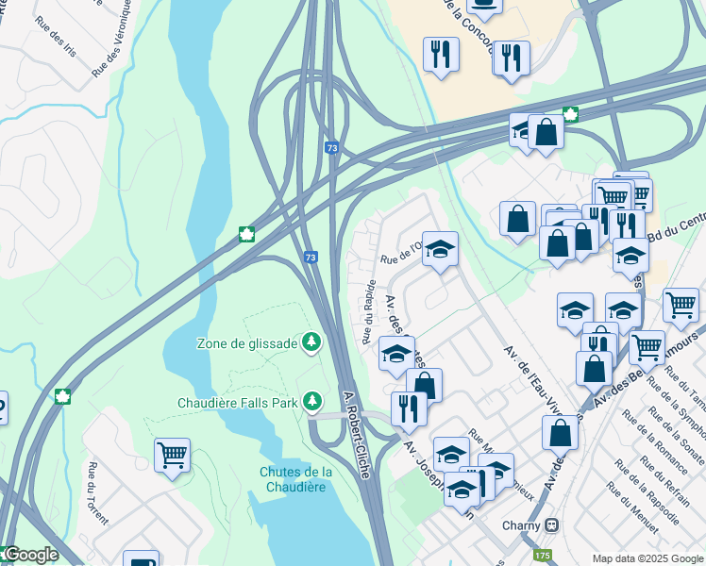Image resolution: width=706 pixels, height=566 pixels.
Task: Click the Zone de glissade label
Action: tap(246, 343)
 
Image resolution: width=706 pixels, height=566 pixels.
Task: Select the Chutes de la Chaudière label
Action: tap(295, 479)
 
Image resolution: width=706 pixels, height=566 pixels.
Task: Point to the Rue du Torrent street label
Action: tap(98, 492)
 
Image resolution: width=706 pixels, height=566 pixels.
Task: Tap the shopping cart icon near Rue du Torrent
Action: tap(172, 455)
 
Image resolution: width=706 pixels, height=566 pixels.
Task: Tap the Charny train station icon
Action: tap(552, 524)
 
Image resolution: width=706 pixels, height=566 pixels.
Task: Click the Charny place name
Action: tap(522, 524)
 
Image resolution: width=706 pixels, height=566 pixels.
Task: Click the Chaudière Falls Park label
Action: tap(238, 403)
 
